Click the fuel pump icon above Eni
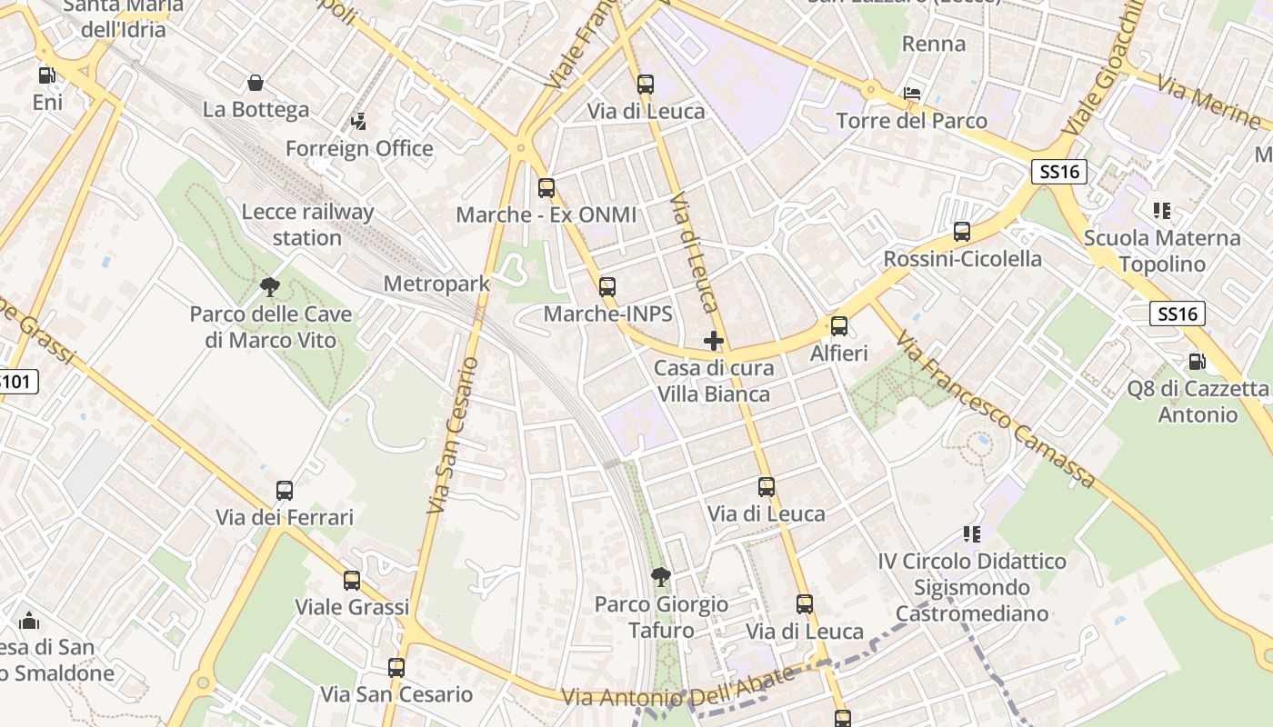(x=46, y=75)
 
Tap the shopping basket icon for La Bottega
(x=256, y=83)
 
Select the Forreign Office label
(x=359, y=148)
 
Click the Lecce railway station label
(x=307, y=224)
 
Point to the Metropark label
(x=436, y=284)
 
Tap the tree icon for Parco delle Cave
(x=270, y=287)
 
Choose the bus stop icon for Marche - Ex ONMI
(x=546, y=188)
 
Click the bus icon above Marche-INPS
(x=607, y=287)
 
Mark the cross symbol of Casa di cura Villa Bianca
(x=714, y=342)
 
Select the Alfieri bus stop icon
(x=839, y=326)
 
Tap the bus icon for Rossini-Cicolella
(x=962, y=232)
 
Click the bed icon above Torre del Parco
(x=912, y=94)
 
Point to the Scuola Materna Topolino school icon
(x=1161, y=211)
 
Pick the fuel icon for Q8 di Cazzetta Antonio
(x=1198, y=362)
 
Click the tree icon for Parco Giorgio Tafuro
(x=661, y=577)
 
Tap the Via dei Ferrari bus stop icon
(x=285, y=491)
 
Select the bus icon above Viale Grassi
(x=352, y=580)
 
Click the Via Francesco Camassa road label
(x=996, y=410)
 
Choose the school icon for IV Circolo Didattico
(x=972, y=534)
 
